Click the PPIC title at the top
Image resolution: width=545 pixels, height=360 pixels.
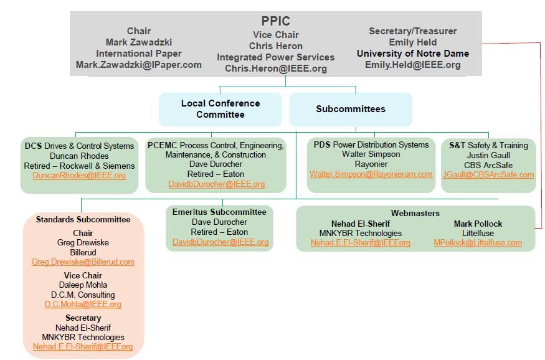(276, 21)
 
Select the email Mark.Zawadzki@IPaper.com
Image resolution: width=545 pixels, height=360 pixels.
(139, 65)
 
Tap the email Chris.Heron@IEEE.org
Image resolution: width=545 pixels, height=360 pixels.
(276, 69)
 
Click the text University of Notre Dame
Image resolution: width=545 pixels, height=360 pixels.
(413, 54)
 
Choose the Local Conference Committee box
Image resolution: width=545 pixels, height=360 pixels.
(220, 109)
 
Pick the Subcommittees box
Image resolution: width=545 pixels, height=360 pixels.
(351, 109)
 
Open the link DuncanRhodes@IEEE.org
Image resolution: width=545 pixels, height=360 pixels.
(79, 176)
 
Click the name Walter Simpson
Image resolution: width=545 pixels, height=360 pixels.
(371, 154)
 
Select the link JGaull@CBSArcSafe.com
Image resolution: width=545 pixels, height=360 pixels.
(488, 175)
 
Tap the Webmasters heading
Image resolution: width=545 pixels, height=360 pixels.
(415, 213)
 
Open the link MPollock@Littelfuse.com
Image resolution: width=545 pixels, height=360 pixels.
(478, 242)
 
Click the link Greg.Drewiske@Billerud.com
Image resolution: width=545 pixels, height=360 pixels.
(83, 262)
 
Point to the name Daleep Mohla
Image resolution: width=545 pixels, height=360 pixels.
(83, 285)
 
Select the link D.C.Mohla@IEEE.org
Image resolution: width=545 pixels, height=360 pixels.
(83, 305)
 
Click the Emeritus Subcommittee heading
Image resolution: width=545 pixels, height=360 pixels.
(219, 212)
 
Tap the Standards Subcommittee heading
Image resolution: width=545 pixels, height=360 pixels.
(83, 220)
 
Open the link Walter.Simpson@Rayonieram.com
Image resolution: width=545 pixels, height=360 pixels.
(371, 174)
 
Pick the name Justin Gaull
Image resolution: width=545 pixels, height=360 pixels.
(488, 155)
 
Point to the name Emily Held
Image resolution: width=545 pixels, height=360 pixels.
(413, 42)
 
